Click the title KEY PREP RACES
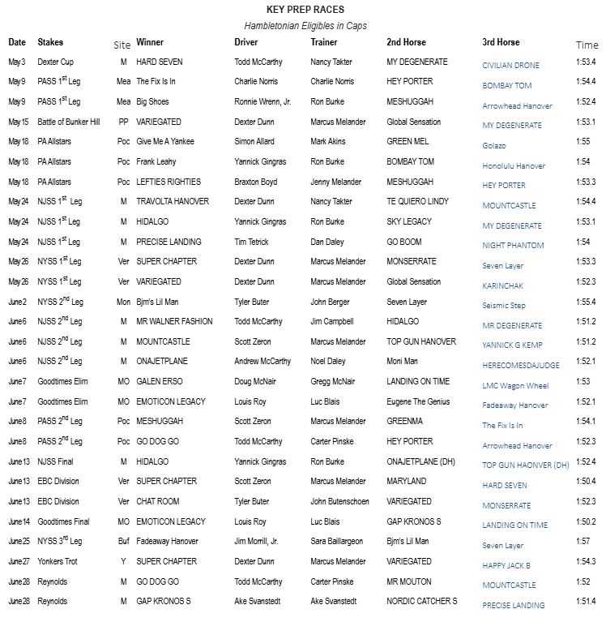click(305, 10)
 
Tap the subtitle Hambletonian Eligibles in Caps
click(305, 26)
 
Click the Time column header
click(587, 45)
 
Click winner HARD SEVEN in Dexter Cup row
click(160, 62)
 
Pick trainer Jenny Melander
click(339, 182)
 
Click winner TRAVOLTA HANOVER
click(173, 202)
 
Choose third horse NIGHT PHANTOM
click(513, 246)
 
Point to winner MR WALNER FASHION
click(174, 322)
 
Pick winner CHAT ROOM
click(158, 502)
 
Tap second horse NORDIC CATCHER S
click(422, 602)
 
